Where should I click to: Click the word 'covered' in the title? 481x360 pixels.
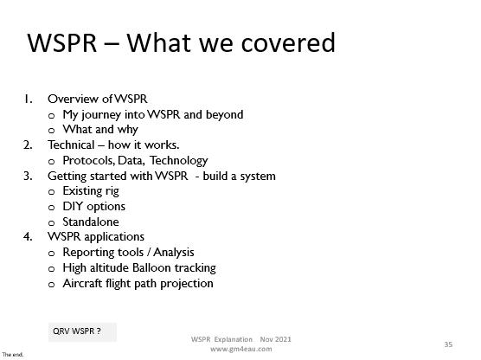[288, 43]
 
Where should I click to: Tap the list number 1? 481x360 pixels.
[29, 100]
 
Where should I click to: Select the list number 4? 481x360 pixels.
[28, 236]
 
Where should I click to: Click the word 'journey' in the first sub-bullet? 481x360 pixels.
[101, 115]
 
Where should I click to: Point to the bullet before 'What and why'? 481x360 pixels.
[52, 131]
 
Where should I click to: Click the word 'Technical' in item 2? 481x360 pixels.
[71, 145]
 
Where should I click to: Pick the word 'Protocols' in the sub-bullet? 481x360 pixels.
[88, 160]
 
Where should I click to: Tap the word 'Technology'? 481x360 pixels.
[179, 161]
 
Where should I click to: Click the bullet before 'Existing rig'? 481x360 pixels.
[52, 192]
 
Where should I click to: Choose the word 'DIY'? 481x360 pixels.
[73, 206]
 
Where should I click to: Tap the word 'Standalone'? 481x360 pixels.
[91, 222]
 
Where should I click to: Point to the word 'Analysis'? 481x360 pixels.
[174, 253]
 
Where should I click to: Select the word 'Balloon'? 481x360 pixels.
[151, 267]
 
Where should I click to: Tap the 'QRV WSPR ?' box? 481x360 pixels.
[82, 331]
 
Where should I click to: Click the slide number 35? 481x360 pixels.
[448, 344]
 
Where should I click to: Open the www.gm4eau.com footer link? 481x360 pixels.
[241, 350]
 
